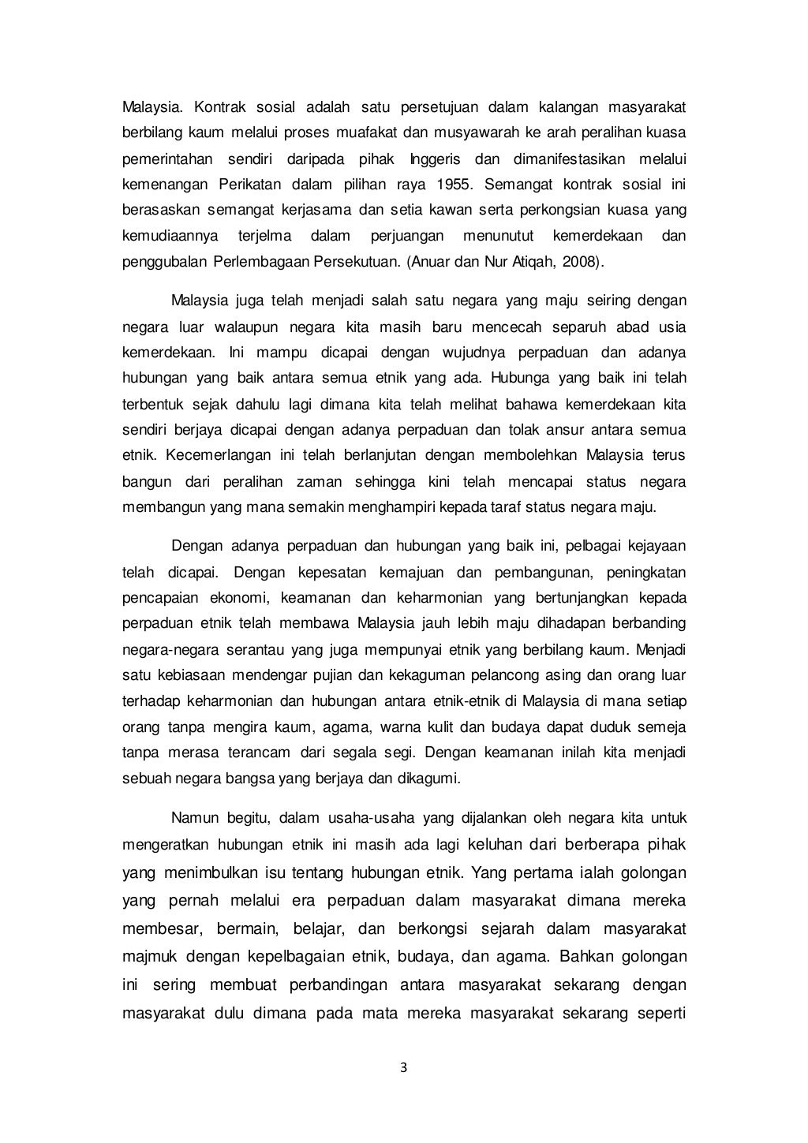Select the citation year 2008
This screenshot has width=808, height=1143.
pos(579,262)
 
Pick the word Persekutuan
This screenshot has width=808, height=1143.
pos(357,262)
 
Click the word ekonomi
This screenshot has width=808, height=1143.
pos(220,597)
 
